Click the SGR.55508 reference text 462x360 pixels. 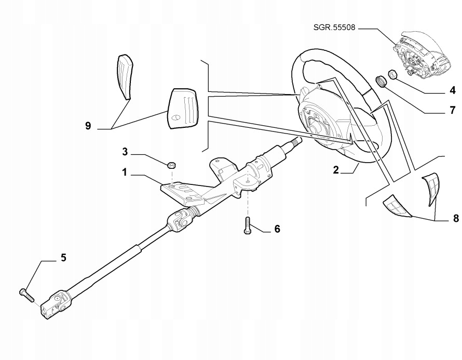(x=334, y=28)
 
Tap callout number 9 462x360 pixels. (x=88, y=126)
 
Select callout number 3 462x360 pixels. (x=125, y=152)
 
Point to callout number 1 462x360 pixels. (x=125, y=172)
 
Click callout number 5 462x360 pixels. (x=63, y=258)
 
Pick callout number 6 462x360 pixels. (x=277, y=229)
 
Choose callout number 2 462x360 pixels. (x=336, y=170)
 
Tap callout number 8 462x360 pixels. (x=456, y=219)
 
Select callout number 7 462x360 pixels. (x=453, y=110)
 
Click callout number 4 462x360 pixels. (x=453, y=90)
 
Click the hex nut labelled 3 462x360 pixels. (x=171, y=165)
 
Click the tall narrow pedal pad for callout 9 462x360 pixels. (x=124, y=77)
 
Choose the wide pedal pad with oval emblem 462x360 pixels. (x=183, y=108)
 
